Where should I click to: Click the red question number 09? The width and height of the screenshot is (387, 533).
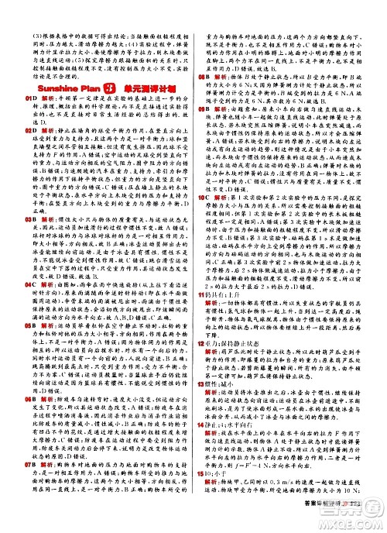[199, 108]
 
